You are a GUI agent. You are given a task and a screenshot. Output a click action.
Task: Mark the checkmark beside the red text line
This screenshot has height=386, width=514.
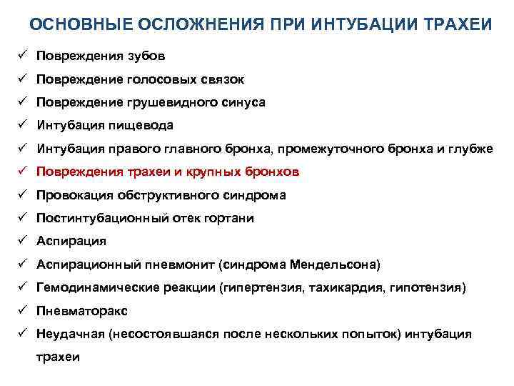pyautogui.click(x=22, y=172)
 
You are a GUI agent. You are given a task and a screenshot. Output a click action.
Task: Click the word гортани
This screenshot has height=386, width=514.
pyautogui.click(x=229, y=218)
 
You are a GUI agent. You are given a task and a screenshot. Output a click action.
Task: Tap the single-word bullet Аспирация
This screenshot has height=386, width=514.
pyautogui.click(x=71, y=242)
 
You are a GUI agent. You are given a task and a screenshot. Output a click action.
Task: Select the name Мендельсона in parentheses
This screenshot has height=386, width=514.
pyautogui.click(x=335, y=264)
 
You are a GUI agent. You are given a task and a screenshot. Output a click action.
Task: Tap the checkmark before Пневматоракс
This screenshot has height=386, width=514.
pyautogui.click(x=22, y=311)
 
